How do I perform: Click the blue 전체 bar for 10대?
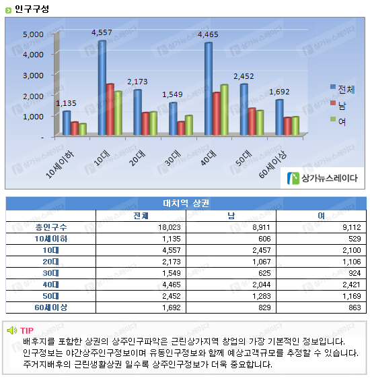102,88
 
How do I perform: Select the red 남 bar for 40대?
216,113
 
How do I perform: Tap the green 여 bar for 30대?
189,125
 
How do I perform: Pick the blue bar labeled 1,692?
279,117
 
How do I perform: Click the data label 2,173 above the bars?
137,82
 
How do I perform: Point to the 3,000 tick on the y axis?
33,76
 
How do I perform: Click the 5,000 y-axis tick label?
33,34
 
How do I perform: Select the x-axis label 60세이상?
272,164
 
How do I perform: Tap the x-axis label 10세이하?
60,165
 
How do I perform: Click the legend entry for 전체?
342,89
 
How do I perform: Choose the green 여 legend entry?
338,121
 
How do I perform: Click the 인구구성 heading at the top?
32,9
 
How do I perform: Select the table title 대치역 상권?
186,203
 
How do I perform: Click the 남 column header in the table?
231,216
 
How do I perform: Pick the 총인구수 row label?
51,227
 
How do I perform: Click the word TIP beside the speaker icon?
27,330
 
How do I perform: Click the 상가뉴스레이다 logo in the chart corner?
322,178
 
